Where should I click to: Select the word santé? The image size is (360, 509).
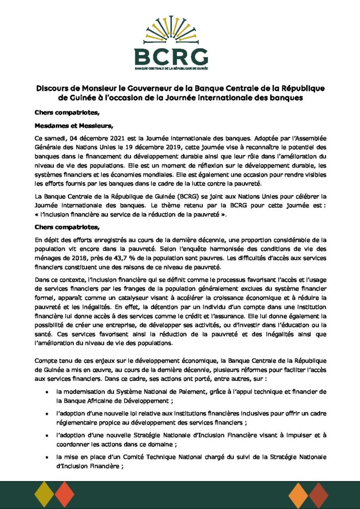[x=44, y=334]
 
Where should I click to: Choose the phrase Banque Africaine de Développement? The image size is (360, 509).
[x=115, y=400]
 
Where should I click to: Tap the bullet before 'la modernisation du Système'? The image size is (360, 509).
[x=46, y=392]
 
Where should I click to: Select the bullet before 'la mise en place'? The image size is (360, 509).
[x=46, y=457]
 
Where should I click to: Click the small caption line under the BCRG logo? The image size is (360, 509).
[x=180, y=67]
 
